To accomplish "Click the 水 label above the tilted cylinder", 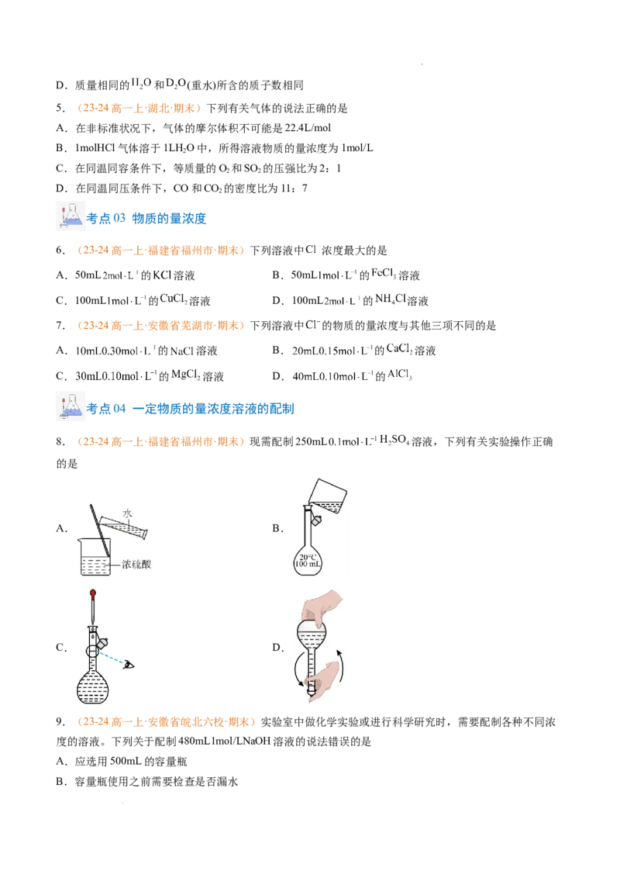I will pos(127,513).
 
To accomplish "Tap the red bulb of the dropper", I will pos(93,596).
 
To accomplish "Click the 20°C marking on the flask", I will pos(307,556).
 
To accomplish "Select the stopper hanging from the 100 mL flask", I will pos(317,518).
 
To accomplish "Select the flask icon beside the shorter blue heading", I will pos(67,217).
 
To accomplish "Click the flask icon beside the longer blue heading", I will pos(67,406).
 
